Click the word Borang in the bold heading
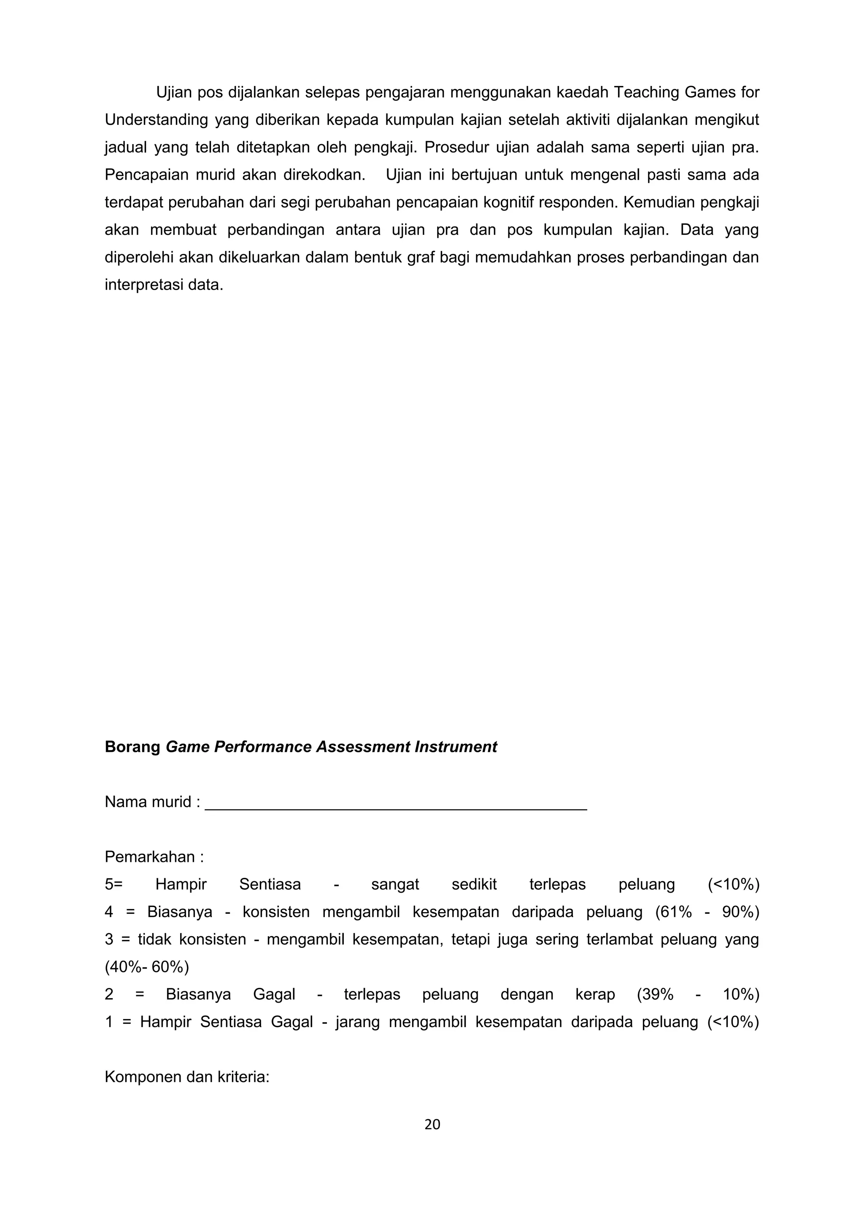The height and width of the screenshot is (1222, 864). point(132,747)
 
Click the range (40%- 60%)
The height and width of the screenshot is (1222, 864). point(147,966)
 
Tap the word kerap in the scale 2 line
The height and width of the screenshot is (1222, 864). point(595,994)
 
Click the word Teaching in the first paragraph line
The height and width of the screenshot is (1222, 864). point(646,93)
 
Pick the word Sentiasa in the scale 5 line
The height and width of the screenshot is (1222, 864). point(270,885)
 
